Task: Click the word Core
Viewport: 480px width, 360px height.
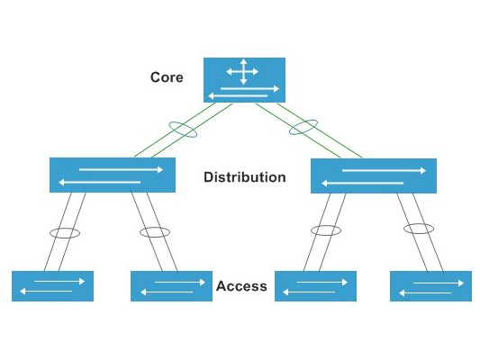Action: click(x=167, y=77)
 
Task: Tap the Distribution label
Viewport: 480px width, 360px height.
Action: click(x=245, y=177)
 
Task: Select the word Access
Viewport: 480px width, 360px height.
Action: click(x=241, y=286)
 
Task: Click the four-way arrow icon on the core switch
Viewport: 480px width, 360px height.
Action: click(x=243, y=72)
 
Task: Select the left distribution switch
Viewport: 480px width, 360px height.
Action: click(x=112, y=175)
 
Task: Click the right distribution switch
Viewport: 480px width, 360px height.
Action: click(x=373, y=175)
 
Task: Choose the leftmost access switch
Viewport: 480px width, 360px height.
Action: click(x=53, y=286)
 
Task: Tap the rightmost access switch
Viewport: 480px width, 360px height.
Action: click(x=431, y=286)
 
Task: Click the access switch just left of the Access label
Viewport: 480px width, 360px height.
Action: click(x=171, y=286)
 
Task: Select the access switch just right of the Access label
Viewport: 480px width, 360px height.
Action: click(x=315, y=286)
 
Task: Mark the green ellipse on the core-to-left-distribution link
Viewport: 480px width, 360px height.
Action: click(x=184, y=130)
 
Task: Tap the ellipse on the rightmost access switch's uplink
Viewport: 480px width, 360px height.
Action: click(x=419, y=229)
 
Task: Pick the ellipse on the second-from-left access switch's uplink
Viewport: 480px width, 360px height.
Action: click(x=155, y=232)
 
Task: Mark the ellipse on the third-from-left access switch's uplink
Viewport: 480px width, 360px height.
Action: click(x=326, y=230)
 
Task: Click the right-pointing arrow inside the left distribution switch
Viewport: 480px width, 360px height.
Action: click(x=121, y=168)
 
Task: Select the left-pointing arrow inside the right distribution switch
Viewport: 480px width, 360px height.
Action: click(x=360, y=183)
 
